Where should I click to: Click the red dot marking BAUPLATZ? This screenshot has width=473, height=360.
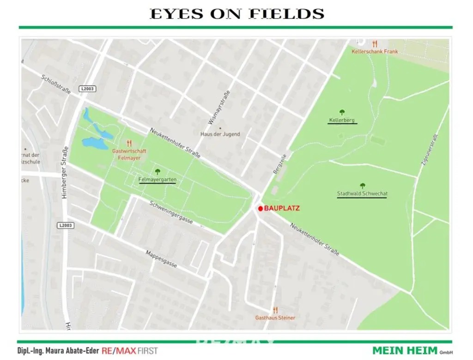(x=261, y=209)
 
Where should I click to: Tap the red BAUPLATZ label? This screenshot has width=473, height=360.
(x=282, y=209)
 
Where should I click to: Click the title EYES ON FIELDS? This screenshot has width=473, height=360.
(x=237, y=14)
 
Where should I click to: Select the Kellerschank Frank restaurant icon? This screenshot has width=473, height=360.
(x=375, y=44)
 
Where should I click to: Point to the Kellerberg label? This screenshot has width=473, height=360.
(x=342, y=120)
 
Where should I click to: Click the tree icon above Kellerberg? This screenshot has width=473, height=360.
(x=342, y=112)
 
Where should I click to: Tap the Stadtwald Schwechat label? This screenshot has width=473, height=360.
(x=362, y=194)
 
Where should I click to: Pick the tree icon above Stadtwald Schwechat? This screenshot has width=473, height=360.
(x=362, y=186)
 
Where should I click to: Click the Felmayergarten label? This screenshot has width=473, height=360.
(x=158, y=180)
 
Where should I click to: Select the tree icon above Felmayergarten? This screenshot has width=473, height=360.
(x=158, y=172)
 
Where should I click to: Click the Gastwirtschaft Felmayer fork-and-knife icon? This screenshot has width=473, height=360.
(x=129, y=144)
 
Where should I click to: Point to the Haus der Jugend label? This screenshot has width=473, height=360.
(x=220, y=134)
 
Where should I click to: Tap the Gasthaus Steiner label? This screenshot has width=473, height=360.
(x=275, y=318)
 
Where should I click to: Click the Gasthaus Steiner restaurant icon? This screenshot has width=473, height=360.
(x=275, y=310)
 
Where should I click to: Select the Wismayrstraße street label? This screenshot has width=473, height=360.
(x=219, y=108)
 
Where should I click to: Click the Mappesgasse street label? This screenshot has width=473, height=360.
(x=162, y=259)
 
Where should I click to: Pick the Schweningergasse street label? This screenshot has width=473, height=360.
(x=171, y=212)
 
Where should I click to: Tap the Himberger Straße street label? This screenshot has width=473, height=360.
(x=65, y=173)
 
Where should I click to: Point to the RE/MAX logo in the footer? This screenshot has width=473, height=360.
(x=119, y=351)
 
